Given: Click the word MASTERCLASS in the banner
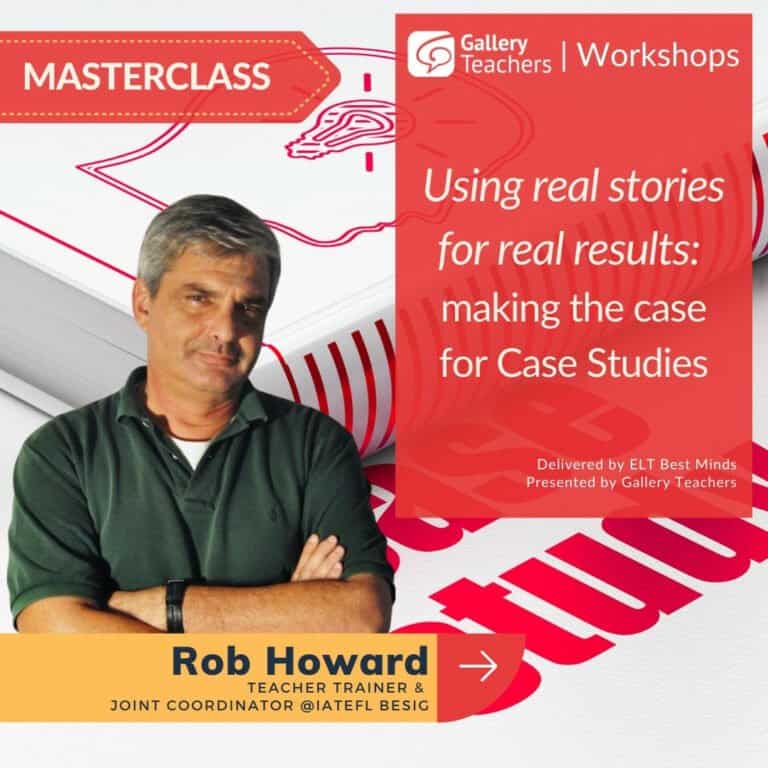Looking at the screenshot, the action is [146, 76].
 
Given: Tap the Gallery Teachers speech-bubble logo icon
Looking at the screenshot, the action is [431, 54].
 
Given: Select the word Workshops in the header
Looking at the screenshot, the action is [658, 55].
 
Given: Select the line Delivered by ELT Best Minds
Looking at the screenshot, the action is [636, 464].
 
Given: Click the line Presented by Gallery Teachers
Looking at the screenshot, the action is [631, 482].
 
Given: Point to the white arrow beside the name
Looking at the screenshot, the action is [479, 666].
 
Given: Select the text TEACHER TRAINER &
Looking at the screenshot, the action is [336, 688].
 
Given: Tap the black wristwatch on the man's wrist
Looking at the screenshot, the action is [175, 605].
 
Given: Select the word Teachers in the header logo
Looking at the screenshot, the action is [506, 64].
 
